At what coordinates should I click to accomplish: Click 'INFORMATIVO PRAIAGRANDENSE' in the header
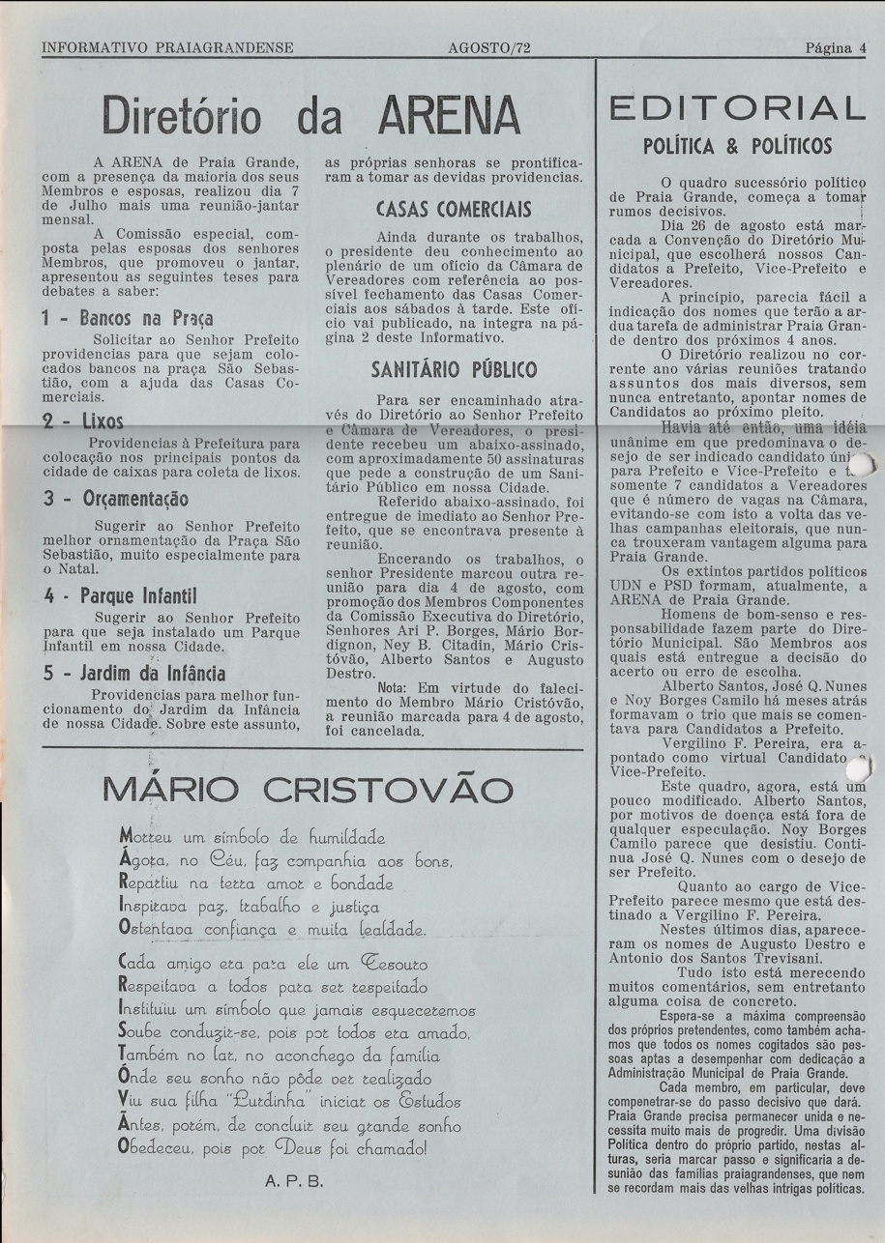[x=167, y=47]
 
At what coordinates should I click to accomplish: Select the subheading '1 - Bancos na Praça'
[x=128, y=317]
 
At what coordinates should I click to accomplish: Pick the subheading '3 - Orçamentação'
[x=115, y=500]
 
